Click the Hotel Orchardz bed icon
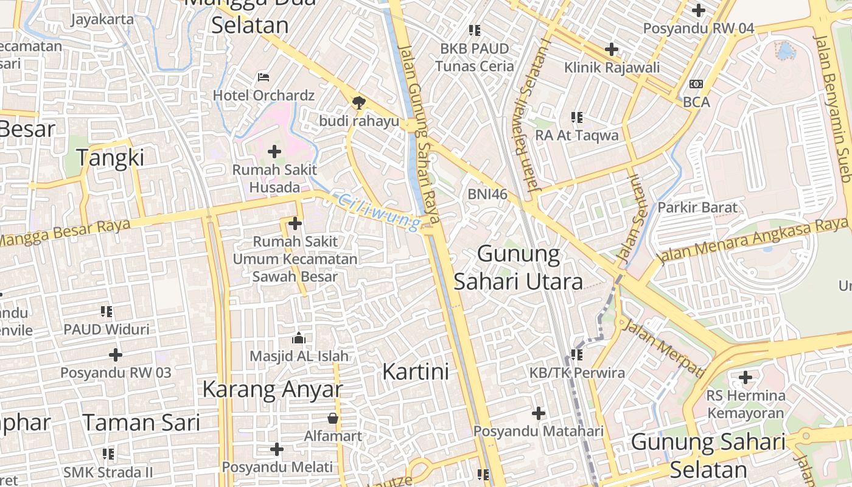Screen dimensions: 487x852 point(264,77)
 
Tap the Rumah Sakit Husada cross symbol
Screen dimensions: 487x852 point(274,151)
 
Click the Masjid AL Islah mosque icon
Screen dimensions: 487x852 point(299,338)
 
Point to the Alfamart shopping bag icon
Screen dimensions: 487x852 point(333,418)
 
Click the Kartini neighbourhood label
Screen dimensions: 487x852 point(416,371)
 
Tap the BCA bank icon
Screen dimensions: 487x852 point(696,84)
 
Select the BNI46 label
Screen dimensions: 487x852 point(487,194)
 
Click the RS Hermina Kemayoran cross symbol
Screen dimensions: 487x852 point(745,378)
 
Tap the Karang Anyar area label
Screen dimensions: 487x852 point(272,389)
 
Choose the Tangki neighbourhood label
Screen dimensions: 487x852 point(111,158)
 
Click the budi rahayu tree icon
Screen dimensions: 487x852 point(359,102)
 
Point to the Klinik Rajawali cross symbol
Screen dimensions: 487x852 point(612,49)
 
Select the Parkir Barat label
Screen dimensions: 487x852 point(697,207)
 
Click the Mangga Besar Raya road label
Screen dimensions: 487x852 point(65,233)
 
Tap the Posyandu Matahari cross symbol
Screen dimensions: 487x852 point(539,414)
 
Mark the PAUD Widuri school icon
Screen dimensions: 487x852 point(106,312)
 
